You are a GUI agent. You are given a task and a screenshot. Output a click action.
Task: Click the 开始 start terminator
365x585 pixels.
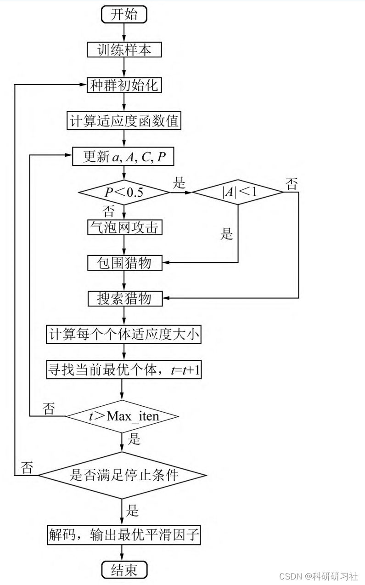tap(124, 14)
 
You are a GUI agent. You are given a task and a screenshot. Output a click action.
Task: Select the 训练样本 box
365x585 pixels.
tap(124, 50)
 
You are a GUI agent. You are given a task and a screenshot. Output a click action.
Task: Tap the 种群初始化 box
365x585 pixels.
tap(124, 85)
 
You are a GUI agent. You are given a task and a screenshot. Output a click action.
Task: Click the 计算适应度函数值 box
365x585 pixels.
tap(124, 121)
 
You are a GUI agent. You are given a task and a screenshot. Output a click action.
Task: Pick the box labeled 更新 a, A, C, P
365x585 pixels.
tap(124, 157)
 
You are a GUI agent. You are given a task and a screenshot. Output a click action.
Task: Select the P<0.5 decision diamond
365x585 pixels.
tap(124, 192)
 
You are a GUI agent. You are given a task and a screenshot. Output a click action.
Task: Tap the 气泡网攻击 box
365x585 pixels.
tap(124, 227)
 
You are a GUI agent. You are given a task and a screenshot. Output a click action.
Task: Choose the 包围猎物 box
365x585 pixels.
tap(124, 263)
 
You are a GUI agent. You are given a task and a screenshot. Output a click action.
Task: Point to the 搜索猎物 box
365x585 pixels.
tap(124, 299)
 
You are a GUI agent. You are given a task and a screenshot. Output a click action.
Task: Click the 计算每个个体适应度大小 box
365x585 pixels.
tap(124, 335)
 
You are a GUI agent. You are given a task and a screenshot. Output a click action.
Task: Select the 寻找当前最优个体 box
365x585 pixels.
tap(124, 370)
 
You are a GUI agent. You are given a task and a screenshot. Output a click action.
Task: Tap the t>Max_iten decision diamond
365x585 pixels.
tap(123, 416)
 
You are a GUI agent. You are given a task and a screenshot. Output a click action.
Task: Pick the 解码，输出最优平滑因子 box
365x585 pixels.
tap(124, 534)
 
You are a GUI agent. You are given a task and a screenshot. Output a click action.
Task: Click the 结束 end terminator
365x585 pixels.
tap(124, 570)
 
